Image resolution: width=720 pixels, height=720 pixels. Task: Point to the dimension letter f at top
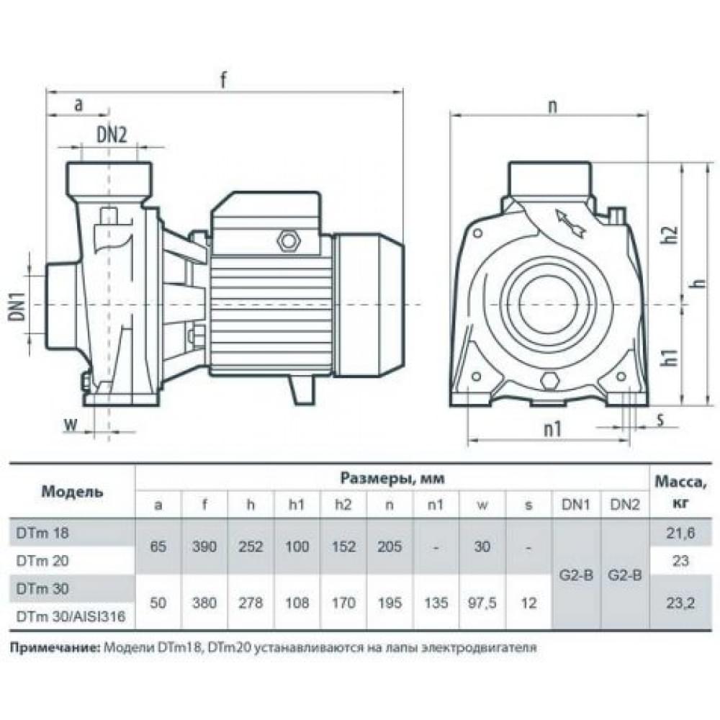click(224, 80)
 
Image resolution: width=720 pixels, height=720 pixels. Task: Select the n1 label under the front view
click(552, 430)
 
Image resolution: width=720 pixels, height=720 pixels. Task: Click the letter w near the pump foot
click(70, 424)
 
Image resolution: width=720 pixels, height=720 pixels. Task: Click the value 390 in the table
click(204, 547)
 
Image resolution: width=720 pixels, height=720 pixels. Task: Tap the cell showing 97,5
click(482, 603)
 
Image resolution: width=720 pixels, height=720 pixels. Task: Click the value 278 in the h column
click(251, 603)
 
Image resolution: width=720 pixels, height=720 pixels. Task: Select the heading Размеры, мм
click(392, 478)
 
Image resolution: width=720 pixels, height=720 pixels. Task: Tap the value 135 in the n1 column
click(436, 603)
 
